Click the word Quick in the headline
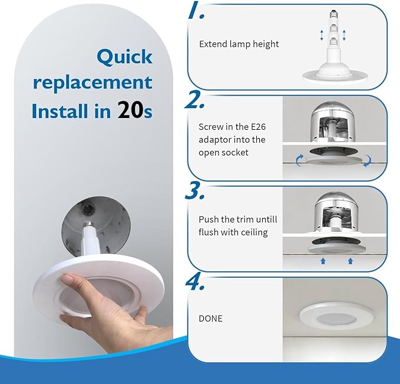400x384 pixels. (124, 57)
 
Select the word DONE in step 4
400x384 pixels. (211, 319)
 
